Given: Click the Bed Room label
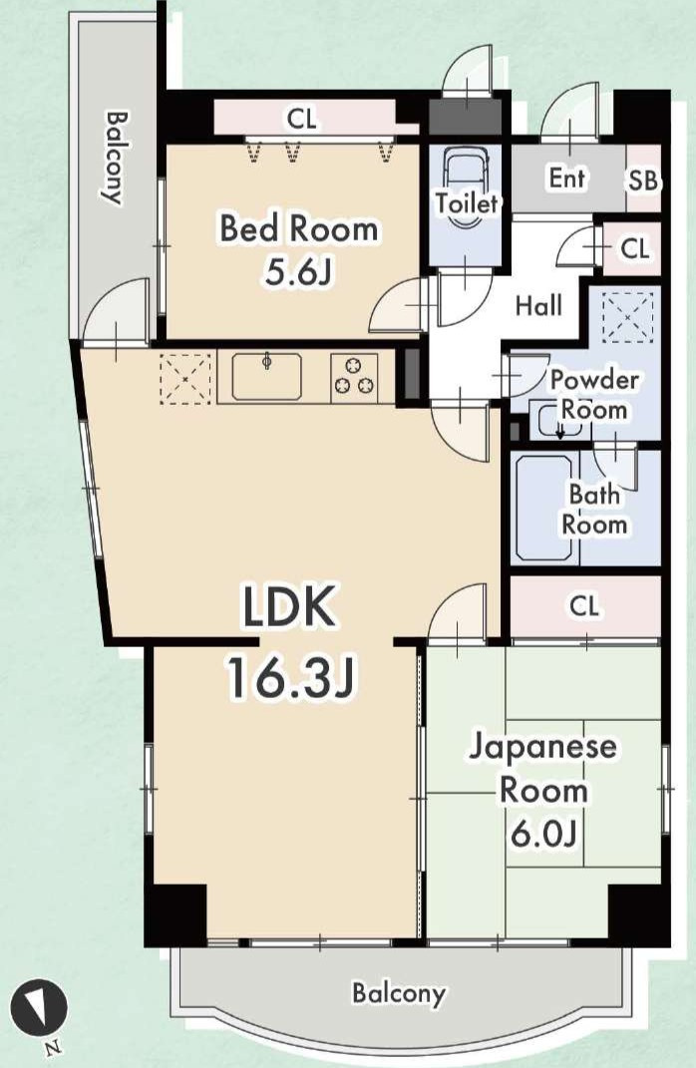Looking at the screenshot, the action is (299, 228).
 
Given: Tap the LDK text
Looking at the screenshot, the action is (290, 607).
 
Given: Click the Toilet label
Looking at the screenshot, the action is (468, 202).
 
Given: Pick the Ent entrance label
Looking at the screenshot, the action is (566, 178).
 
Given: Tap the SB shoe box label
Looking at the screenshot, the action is (643, 180).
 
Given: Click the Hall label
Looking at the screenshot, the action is (538, 306).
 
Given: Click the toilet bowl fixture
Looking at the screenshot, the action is (467, 188).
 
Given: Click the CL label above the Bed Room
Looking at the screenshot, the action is (302, 120).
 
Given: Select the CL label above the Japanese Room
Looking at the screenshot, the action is (584, 605).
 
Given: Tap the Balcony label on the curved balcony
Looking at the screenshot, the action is (399, 993).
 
